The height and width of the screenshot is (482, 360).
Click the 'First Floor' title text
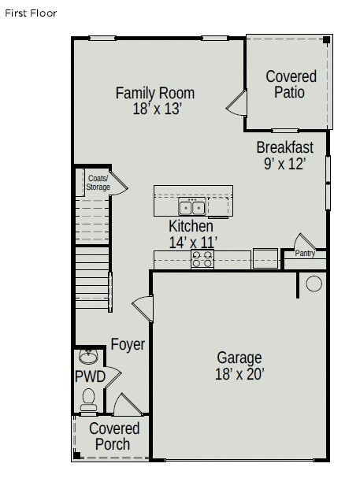click(x=32, y=13)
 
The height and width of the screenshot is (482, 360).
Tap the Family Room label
click(x=155, y=93)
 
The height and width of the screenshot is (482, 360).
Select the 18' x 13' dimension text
click(x=157, y=109)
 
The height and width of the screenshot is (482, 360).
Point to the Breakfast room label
click(x=284, y=147)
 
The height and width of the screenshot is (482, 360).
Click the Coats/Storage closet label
click(x=98, y=183)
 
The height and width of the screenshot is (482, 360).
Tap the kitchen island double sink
click(x=192, y=208)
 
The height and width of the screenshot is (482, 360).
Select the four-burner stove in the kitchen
click(x=202, y=258)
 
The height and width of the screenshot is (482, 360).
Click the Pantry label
click(x=305, y=254)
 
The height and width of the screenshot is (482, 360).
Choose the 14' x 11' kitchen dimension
click(x=193, y=243)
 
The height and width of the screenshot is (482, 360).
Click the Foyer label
click(x=128, y=344)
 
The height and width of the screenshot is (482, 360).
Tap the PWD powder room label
click(x=90, y=376)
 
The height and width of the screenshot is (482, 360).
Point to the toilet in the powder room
click(x=87, y=399)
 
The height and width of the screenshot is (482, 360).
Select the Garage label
click(x=239, y=357)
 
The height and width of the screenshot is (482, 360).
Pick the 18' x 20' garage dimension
click(x=239, y=374)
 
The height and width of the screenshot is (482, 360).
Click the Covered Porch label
click(x=114, y=436)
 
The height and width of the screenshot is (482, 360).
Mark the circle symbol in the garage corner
click(x=314, y=284)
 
